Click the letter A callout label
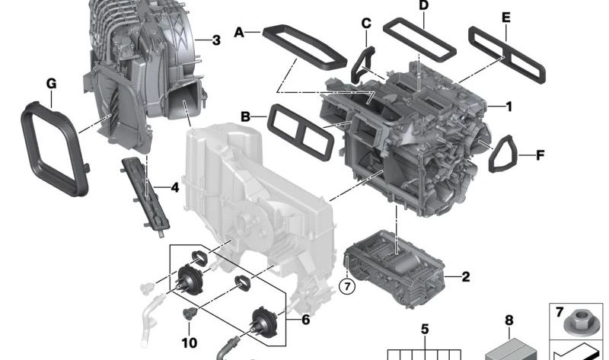(239, 32)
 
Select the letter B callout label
(245, 116)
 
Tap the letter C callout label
(366, 24)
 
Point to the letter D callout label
(424, 6)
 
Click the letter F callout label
(540, 156)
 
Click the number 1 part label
(508, 107)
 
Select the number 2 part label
(465, 276)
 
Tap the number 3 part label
(216, 40)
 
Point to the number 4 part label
(174, 186)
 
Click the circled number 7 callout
(347, 286)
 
